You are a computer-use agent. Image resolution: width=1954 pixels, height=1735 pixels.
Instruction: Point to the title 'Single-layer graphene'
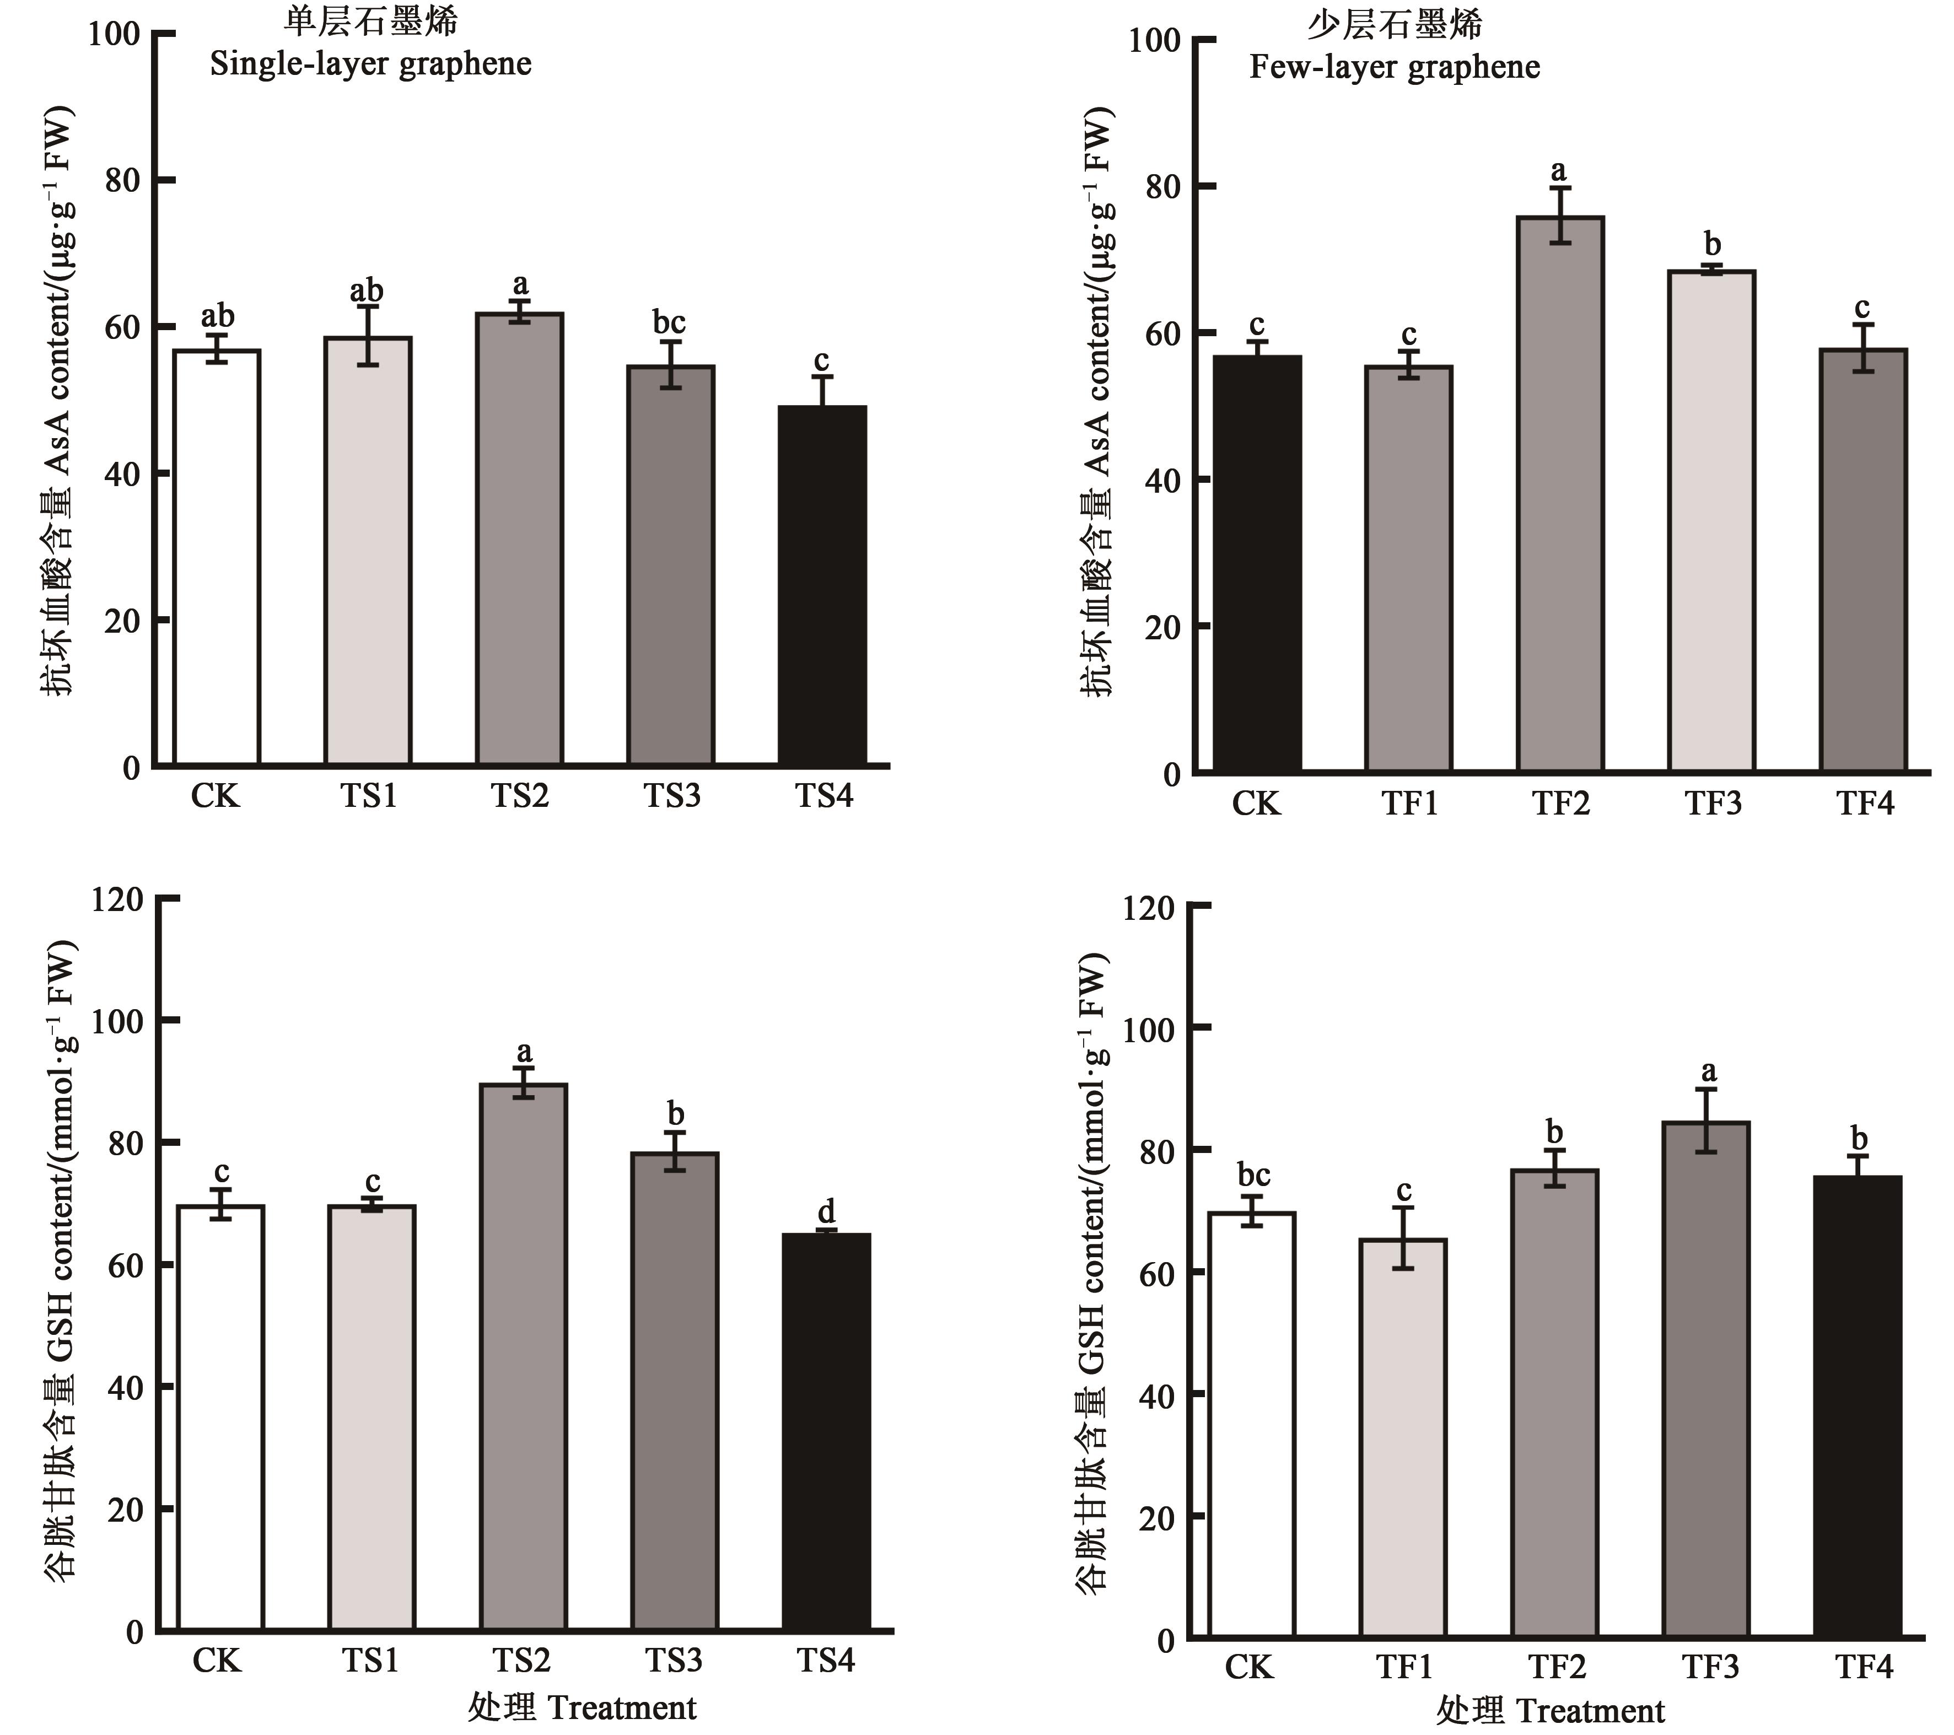(x=371, y=64)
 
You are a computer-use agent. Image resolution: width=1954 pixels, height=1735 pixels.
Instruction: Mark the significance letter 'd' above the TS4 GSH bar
(x=826, y=1212)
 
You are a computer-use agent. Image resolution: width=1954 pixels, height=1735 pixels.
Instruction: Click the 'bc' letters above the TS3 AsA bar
(x=669, y=322)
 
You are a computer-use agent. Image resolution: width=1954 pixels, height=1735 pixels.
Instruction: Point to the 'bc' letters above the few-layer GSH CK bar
(x=1253, y=1175)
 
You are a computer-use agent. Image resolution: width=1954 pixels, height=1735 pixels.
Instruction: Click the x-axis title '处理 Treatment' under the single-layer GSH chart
(x=582, y=1707)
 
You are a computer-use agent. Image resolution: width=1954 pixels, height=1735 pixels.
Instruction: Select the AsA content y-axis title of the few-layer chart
(x=1099, y=401)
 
